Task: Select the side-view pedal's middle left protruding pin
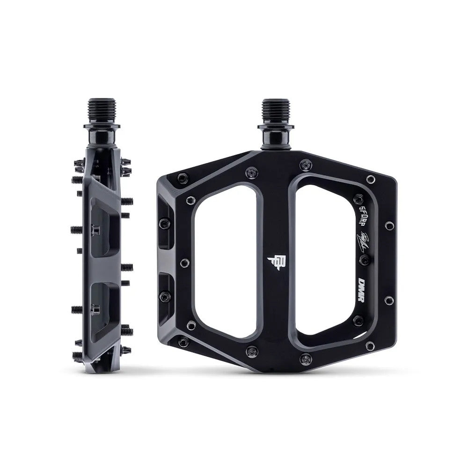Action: click(x=76, y=230)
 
